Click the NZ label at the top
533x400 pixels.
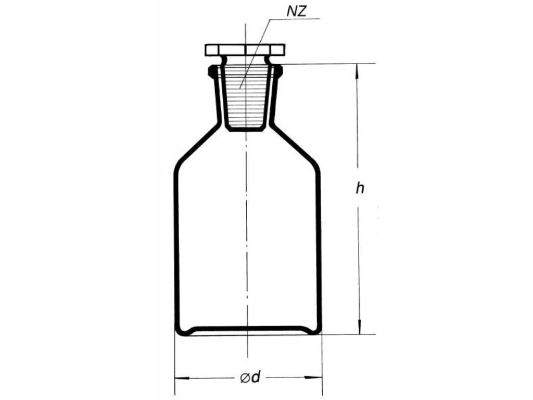pyautogui.click(x=296, y=11)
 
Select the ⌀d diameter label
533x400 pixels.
pyautogui.click(x=250, y=377)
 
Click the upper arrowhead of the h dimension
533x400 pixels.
pyautogui.click(x=357, y=72)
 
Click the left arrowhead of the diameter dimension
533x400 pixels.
pyautogui.click(x=182, y=378)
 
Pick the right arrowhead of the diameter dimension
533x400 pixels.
pyautogui.click(x=314, y=377)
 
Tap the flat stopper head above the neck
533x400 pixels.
pyautogui.click(x=245, y=49)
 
